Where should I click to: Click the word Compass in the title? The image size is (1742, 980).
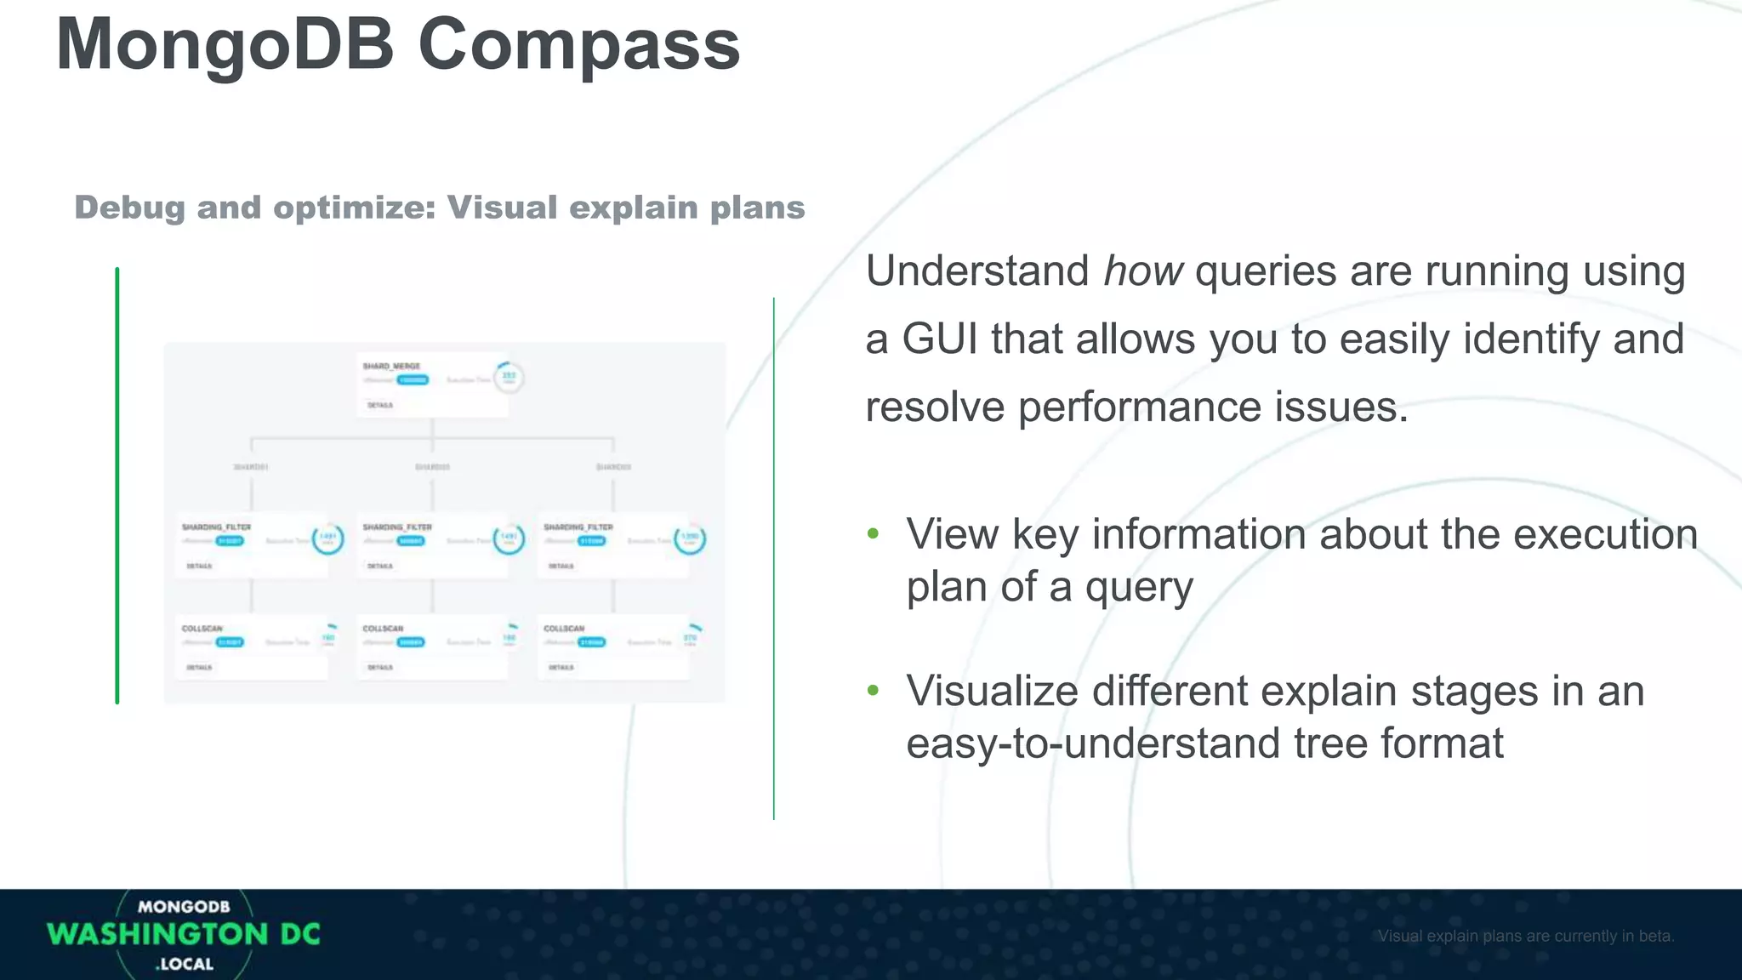click(578, 47)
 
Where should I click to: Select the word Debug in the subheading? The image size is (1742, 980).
click(129, 208)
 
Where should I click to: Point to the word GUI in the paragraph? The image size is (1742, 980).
click(939, 339)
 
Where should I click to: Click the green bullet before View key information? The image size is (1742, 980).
click(873, 534)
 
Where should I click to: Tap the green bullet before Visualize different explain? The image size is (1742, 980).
click(873, 691)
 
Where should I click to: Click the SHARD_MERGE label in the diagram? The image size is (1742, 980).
click(391, 367)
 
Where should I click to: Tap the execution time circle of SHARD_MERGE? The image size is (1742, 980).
click(509, 377)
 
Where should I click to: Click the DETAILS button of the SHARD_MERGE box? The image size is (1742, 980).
click(380, 406)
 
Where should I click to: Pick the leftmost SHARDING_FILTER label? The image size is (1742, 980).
click(216, 527)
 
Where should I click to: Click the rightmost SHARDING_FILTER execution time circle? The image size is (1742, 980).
click(690, 538)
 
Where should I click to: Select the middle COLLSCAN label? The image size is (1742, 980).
click(383, 629)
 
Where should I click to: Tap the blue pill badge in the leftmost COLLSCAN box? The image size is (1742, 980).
click(230, 642)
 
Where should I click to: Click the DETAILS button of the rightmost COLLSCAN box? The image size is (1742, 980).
click(561, 668)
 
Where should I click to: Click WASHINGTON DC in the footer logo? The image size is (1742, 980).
click(184, 934)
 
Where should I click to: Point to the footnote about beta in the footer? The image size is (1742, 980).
click(1526, 936)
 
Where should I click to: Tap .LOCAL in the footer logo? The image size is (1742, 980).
click(185, 965)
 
